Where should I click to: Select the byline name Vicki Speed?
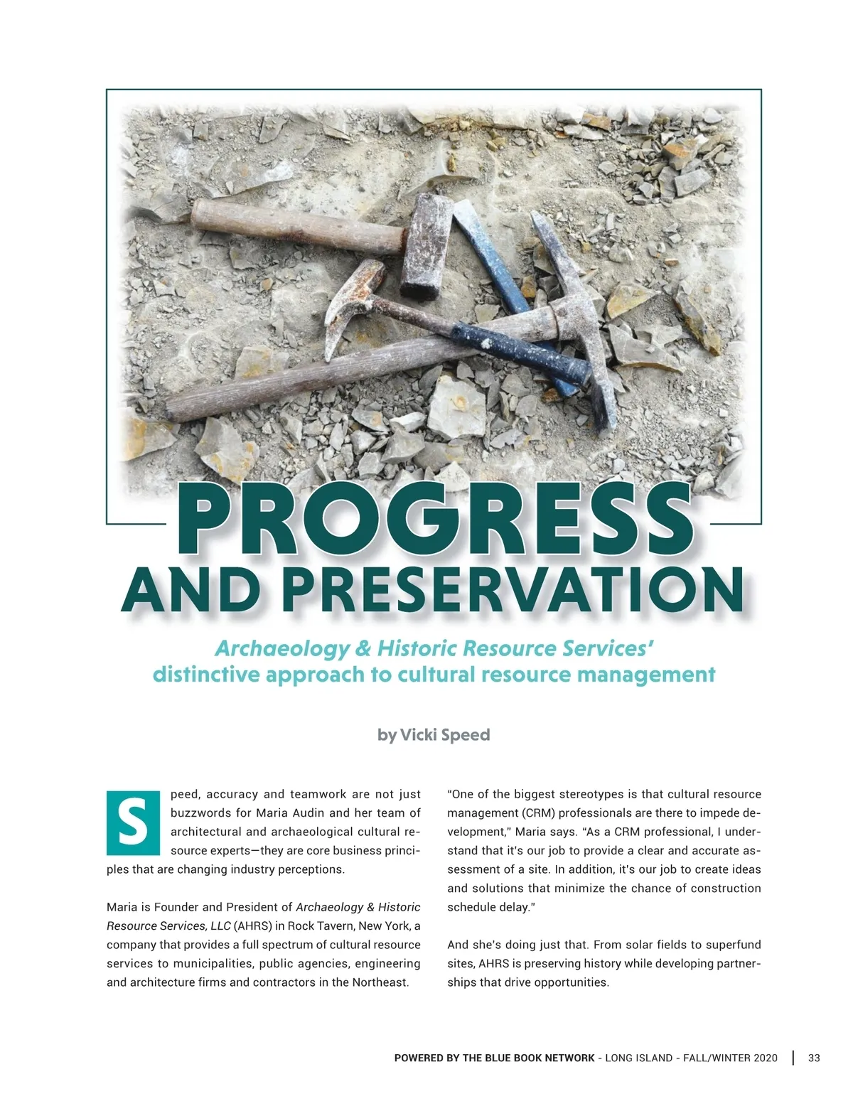pos(445,734)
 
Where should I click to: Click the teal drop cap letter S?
pos(133,822)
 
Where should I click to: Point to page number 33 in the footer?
pos(814,1058)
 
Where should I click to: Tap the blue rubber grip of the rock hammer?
pos(519,352)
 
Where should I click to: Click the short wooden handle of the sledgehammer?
pos(299,226)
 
